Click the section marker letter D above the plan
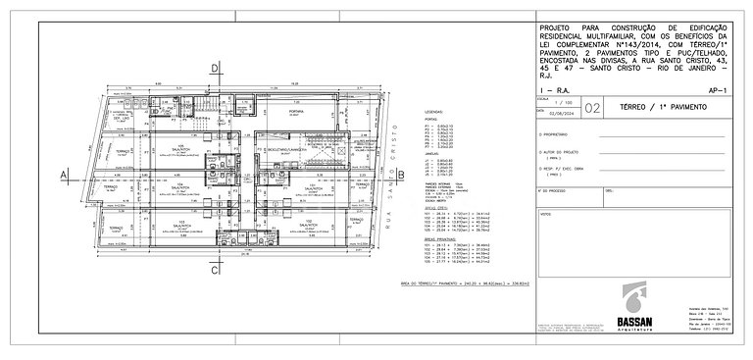pos(215,68)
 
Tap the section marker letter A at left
pos(64,174)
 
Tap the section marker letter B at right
pos(400,174)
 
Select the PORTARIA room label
pos(294,113)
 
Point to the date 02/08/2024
pos(560,116)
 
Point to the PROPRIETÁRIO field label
pos(559,133)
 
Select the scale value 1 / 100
pos(560,103)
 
